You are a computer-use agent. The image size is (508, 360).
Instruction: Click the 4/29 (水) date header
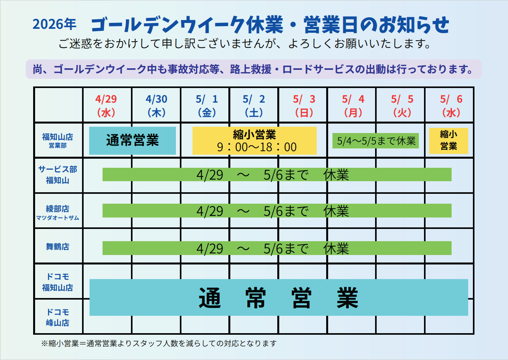pyautogui.click(x=106, y=105)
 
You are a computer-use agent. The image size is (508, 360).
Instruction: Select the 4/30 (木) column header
pyautogui.click(x=156, y=105)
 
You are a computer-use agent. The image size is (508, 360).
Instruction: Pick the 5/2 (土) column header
pyautogui.click(x=254, y=105)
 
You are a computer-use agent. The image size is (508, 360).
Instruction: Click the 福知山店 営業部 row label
pyautogui.click(x=58, y=141)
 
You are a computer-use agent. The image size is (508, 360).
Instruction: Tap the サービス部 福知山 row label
pyautogui.click(x=58, y=175)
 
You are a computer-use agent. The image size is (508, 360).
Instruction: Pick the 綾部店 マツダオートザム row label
pyautogui.click(x=58, y=212)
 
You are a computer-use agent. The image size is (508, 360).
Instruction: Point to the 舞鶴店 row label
pyautogui.click(x=58, y=247)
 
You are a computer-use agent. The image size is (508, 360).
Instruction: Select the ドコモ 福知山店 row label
pyautogui.click(x=58, y=282)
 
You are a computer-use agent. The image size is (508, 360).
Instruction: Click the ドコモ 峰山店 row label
pyautogui.click(x=58, y=317)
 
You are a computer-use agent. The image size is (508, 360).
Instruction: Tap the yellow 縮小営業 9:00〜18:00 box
pyautogui.click(x=254, y=141)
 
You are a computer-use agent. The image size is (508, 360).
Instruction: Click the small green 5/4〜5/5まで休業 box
pyautogui.click(x=375, y=141)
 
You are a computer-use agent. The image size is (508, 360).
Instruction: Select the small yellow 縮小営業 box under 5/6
pyautogui.click(x=448, y=141)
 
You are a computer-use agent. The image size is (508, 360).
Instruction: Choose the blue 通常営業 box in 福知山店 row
pyautogui.click(x=133, y=141)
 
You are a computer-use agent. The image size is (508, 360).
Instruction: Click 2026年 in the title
pyautogui.click(x=54, y=24)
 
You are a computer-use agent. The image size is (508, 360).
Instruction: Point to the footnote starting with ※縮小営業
pyautogui.click(x=159, y=343)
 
